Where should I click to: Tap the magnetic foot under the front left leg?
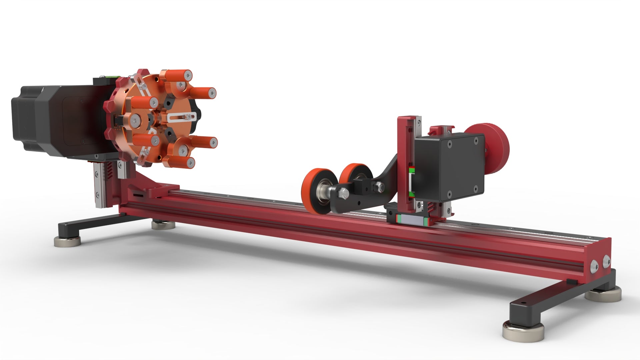[x=67, y=241]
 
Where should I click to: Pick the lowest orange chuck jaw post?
[x=182, y=161]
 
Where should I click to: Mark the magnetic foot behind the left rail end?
[x=163, y=225]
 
